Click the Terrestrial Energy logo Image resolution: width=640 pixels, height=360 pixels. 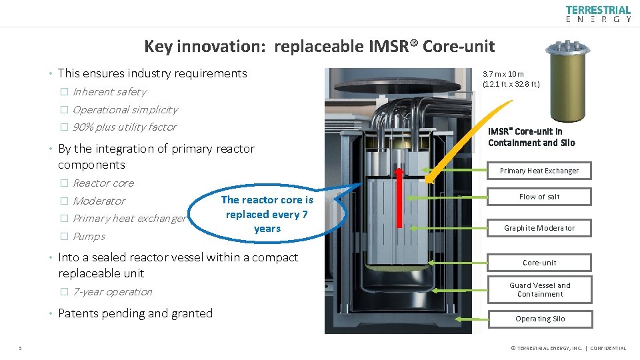click(597, 14)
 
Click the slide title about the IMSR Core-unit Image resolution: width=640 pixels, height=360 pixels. click(319, 46)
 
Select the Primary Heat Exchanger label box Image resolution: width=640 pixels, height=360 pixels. click(539, 171)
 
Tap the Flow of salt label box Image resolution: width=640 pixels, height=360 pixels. click(539, 197)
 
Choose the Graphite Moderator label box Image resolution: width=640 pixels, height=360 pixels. click(539, 228)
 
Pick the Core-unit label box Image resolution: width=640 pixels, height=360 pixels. click(539, 263)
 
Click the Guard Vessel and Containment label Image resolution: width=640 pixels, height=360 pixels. click(539, 289)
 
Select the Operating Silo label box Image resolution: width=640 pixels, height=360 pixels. click(539, 319)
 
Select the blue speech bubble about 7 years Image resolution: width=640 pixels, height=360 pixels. click(267, 214)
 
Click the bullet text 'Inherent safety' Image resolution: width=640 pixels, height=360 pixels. click(109, 92)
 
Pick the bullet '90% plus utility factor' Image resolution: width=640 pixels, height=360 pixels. click(124, 127)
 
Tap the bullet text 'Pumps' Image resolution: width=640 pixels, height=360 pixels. click(89, 236)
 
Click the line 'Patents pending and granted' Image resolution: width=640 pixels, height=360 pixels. click(135, 313)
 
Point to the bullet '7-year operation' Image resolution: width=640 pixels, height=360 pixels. click(112, 291)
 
